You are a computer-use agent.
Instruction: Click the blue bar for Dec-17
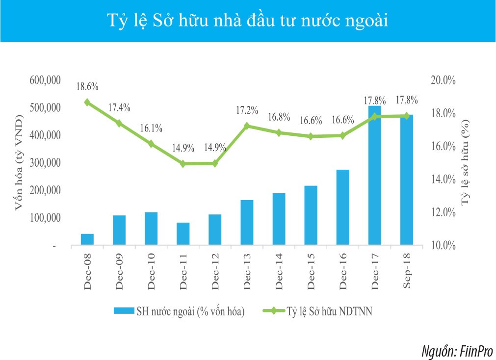[374, 177]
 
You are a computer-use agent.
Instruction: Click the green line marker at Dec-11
[183, 164]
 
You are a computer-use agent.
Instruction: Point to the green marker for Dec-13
[247, 126]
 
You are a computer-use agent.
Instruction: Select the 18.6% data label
[87, 87]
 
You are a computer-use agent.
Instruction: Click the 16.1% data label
[151, 128]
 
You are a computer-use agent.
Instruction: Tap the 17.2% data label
[247, 110]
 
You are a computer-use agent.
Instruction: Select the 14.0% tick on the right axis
[444, 180]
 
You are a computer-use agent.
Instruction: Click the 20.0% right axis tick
[444, 80]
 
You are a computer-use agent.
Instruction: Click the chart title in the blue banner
[248, 21]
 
